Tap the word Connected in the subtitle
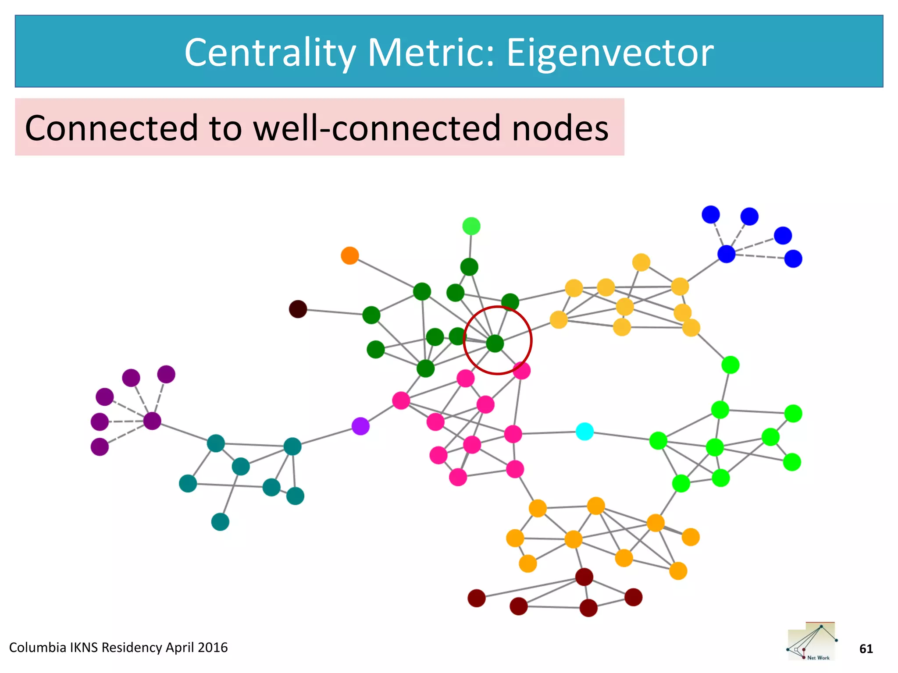(x=111, y=128)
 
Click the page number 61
(x=866, y=648)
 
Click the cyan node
(x=584, y=432)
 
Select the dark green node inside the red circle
(x=495, y=344)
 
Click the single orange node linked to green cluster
(x=350, y=255)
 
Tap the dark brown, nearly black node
(x=298, y=309)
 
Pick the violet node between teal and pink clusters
(x=360, y=426)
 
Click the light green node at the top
(x=471, y=226)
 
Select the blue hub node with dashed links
(x=726, y=254)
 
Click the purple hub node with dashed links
(x=152, y=421)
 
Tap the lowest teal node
(x=220, y=522)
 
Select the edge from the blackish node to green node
(x=334, y=312)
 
